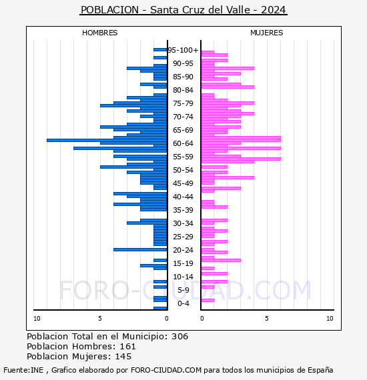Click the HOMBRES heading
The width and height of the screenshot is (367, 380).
99,33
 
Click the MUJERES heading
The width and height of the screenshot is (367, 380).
267,33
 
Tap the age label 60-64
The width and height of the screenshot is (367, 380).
183,143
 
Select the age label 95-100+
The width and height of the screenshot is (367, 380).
183,50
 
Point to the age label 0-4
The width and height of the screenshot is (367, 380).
183,303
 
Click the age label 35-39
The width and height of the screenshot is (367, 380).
183,210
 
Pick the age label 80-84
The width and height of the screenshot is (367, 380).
183,90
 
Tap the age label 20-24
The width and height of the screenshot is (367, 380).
183,250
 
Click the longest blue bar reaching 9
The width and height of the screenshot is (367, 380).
107,140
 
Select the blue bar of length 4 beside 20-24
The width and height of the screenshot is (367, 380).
140,249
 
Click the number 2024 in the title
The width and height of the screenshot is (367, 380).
274,10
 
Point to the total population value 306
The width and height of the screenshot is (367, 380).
179,337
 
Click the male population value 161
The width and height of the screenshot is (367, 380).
128,346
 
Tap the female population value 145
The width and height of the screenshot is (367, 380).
123,357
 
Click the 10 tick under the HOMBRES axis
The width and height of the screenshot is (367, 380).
37,319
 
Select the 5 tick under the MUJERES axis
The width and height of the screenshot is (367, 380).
267,319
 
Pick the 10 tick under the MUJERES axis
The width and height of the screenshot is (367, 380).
330,319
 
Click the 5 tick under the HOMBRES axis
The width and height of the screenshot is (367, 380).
100,319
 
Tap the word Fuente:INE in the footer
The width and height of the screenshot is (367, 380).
23,370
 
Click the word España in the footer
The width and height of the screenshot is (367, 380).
320,370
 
